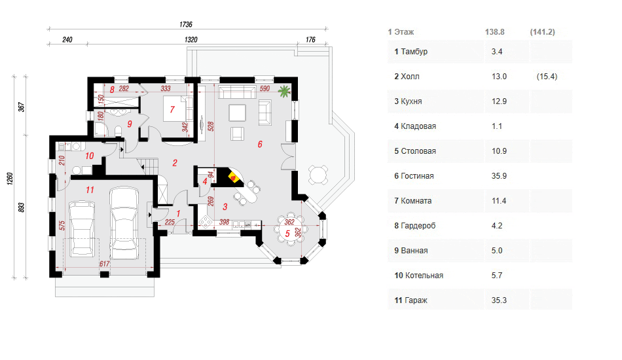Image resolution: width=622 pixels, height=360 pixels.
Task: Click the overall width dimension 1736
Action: point(186,25)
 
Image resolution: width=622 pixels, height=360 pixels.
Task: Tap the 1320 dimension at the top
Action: point(191,40)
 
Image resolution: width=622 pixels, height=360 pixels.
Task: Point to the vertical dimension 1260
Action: point(10,179)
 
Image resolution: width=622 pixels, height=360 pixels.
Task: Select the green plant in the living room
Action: point(284,91)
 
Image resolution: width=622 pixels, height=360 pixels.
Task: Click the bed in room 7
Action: point(178,108)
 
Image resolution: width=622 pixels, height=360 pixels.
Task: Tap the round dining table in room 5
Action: point(290,229)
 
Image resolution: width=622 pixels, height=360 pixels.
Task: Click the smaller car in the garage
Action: point(82,228)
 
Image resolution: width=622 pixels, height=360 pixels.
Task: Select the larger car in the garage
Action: point(124,223)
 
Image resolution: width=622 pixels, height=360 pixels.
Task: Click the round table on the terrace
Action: point(319,175)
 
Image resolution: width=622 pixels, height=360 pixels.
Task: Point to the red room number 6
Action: point(260,144)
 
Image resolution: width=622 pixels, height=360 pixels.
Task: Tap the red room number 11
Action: point(90,190)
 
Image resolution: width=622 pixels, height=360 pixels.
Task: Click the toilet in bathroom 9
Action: point(117,131)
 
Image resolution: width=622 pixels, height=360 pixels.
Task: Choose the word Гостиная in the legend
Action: point(417,176)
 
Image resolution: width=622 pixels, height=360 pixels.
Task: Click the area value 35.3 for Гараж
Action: point(499,300)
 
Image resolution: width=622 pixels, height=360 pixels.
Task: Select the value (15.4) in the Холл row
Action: point(547,77)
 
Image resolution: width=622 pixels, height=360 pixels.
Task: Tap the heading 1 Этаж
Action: point(401,32)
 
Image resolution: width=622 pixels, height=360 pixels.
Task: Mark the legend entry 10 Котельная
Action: point(418,276)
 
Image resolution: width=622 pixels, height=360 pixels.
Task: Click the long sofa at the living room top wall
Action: point(237,92)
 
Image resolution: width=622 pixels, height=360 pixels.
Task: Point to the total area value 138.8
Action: point(495,32)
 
